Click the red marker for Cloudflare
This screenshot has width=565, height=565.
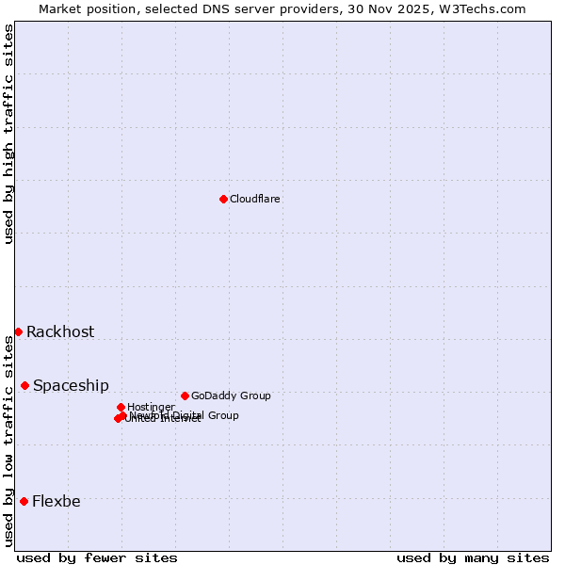tap(223, 199)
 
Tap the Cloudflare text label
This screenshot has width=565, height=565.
tap(255, 199)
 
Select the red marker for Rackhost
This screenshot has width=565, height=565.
tap(18, 331)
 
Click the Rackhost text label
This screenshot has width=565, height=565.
tap(60, 331)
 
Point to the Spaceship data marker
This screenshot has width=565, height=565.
tap(24, 385)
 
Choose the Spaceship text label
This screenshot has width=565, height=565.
tap(71, 385)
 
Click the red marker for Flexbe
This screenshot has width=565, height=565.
tap(24, 501)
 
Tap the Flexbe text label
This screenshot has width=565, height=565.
tap(56, 501)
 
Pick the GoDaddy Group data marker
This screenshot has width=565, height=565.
tap(185, 395)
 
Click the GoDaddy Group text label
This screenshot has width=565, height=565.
tap(231, 395)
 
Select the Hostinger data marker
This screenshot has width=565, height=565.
tap(121, 407)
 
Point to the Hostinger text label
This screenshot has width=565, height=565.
tap(151, 407)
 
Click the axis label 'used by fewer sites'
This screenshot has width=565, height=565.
tap(97, 557)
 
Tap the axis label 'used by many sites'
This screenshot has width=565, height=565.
tap(473, 557)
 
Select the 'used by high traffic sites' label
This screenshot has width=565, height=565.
tap(8, 134)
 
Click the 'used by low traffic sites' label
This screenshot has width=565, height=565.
tap(8, 441)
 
